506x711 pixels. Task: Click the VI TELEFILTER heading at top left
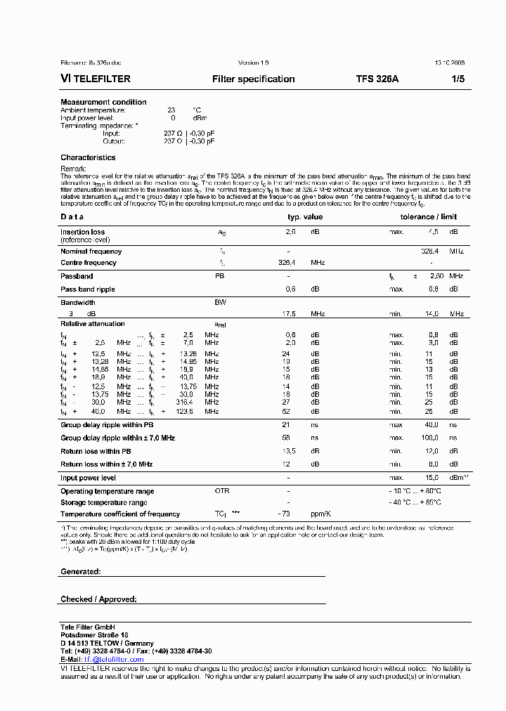pos(96,79)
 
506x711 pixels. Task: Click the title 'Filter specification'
pos(253,79)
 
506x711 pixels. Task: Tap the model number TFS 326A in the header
pos(377,79)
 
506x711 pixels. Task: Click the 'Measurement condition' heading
pos(103,102)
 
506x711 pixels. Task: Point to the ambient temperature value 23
pos(171,110)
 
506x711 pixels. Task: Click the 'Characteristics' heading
pos(88,157)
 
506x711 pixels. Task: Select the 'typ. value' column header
pos(301,217)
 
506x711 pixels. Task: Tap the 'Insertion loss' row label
pos(82,232)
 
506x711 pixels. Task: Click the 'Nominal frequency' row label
pos(91,251)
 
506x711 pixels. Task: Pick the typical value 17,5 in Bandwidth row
pos(288,314)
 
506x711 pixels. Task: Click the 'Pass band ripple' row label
pos(87,289)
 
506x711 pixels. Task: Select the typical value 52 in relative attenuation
pos(286,412)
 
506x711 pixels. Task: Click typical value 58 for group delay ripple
pos(286,438)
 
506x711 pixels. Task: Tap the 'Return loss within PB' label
pos(96,451)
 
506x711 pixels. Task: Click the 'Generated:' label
pos(80,572)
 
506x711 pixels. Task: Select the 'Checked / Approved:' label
pos(98,599)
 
